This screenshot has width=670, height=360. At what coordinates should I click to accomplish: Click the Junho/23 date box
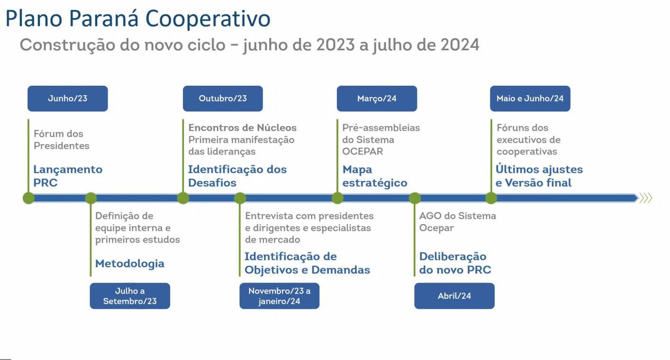click(68, 99)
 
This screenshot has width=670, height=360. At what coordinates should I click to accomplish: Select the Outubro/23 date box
click(223, 99)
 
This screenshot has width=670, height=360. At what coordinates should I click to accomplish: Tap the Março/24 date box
click(377, 99)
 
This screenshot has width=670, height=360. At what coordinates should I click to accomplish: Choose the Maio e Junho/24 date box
click(530, 99)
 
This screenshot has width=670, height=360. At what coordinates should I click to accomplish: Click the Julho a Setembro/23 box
click(130, 296)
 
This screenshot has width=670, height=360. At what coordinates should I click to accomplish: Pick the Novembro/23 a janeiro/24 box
click(280, 296)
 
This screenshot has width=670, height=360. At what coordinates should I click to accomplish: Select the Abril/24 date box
click(454, 296)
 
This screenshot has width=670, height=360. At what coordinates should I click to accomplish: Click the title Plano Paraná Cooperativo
click(138, 18)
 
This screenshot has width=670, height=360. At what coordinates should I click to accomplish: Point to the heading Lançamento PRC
click(68, 176)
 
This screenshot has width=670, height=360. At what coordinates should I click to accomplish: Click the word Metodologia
click(130, 263)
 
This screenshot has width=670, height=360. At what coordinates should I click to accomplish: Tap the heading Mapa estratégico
click(375, 176)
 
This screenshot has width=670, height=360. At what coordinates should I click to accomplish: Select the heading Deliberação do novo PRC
click(455, 263)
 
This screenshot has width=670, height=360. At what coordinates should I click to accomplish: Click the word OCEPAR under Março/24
click(362, 152)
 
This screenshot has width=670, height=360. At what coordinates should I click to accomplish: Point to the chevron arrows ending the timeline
click(645, 198)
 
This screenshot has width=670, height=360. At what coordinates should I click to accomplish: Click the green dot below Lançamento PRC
click(29, 198)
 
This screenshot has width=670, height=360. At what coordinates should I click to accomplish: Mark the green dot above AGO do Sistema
click(415, 198)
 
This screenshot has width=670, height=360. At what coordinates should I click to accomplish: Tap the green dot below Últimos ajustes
click(491, 198)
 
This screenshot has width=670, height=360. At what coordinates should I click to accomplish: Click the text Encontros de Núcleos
click(242, 128)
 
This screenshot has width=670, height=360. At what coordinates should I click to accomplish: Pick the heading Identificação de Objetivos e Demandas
click(307, 263)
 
